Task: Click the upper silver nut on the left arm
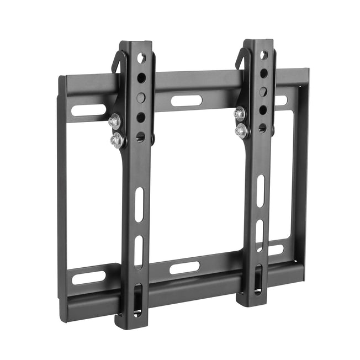(115, 121)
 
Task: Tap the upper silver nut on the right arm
(239, 113)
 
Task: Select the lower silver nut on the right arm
(241, 131)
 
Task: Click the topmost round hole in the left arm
(141, 57)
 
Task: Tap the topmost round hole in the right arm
(264, 55)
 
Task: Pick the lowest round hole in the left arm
(141, 136)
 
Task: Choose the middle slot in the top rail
(186, 100)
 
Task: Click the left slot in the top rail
(88, 110)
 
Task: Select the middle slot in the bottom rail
(184, 268)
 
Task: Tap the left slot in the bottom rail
(88, 277)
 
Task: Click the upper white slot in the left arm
(139, 205)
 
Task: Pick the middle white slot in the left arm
(139, 252)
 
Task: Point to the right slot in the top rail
(282, 100)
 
